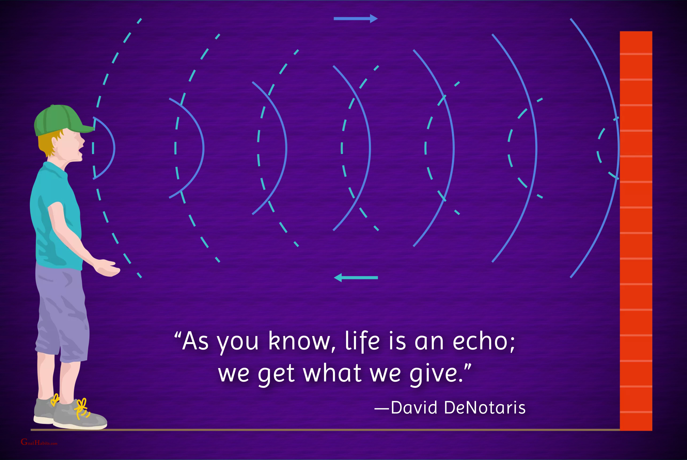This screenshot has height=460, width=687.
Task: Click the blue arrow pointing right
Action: tap(355, 18)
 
